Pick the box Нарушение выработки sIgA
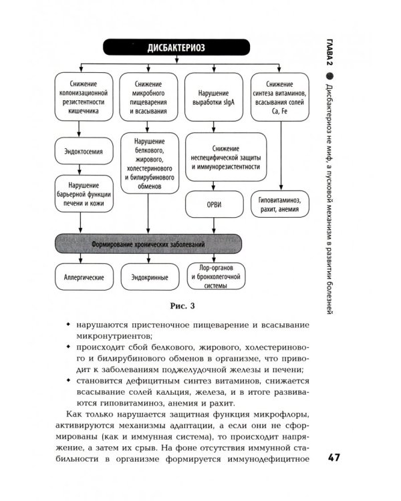[213, 99]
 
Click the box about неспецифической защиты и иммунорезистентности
[221, 156]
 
